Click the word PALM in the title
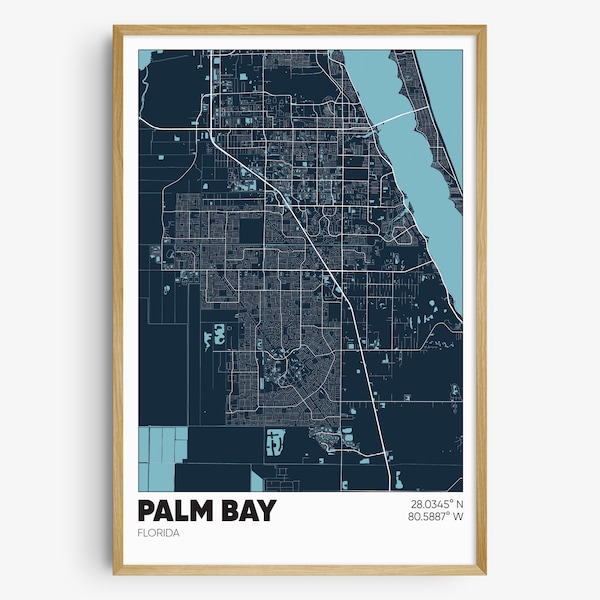[x=177, y=511]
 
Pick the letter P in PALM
[x=147, y=511]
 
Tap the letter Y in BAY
[x=266, y=511]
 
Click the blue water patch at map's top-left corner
[x=145, y=58]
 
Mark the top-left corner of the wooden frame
[x=115, y=27]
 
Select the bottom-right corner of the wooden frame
[x=485, y=573]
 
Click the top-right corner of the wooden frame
[x=485, y=27]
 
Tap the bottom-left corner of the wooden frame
[x=115, y=573]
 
